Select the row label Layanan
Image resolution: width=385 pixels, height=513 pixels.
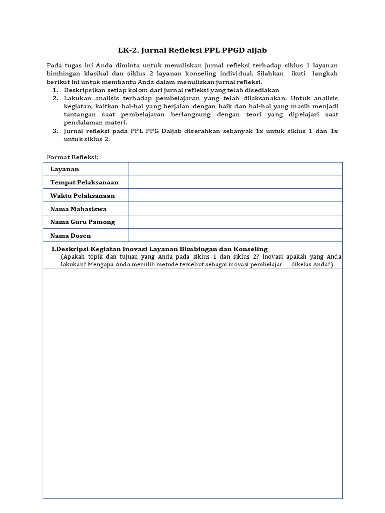point(64,169)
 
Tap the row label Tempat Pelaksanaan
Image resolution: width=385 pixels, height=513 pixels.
point(84,182)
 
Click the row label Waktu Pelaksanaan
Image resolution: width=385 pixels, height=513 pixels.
point(82,195)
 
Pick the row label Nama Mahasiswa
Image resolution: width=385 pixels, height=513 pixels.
point(78,209)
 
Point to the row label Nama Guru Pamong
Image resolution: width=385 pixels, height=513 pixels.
point(82,222)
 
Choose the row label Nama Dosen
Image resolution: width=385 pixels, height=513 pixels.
point(70,235)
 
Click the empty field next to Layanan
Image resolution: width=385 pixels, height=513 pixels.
point(235,169)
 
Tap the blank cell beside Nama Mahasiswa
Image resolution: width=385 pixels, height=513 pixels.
point(235,208)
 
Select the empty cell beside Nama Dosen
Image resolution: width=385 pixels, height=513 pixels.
point(235,235)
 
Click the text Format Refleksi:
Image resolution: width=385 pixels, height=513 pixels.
point(73,157)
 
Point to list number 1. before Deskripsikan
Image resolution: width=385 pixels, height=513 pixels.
point(55,90)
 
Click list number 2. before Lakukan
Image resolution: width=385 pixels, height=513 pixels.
point(55,98)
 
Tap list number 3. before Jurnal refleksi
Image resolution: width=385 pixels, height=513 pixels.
point(55,131)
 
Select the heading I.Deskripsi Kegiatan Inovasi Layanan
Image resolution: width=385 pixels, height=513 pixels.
point(160,249)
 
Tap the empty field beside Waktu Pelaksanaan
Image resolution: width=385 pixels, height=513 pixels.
point(235,195)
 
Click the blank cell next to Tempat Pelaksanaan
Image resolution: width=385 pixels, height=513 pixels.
point(235,182)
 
